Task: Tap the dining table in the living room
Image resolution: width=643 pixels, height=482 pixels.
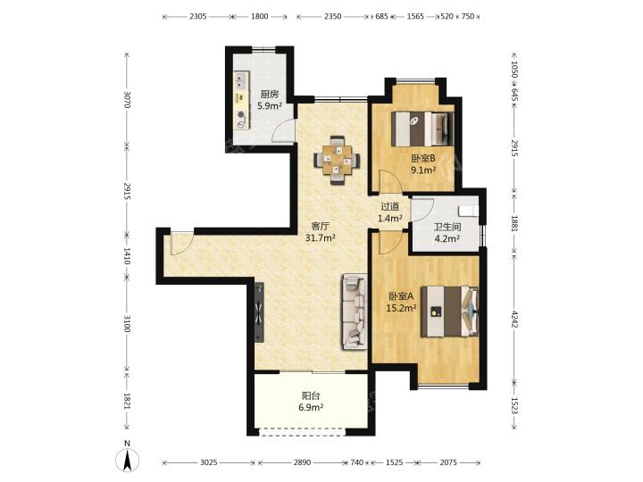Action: point(338,161)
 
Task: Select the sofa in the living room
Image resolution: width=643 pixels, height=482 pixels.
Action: point(355,312)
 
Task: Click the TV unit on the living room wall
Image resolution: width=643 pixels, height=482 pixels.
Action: point(259,312)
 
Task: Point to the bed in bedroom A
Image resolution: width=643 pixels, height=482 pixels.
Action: point(450,312)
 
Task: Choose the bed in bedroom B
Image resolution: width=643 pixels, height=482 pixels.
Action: point(422,129)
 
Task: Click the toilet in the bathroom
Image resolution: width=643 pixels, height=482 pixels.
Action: point(468,211)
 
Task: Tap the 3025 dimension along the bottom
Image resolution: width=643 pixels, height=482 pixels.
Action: point(208,462)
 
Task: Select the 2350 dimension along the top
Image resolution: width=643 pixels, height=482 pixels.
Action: point(332,16)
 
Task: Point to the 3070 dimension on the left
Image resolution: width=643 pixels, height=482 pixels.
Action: point(127,100)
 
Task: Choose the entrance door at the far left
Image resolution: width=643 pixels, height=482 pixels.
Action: point(180,244)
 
